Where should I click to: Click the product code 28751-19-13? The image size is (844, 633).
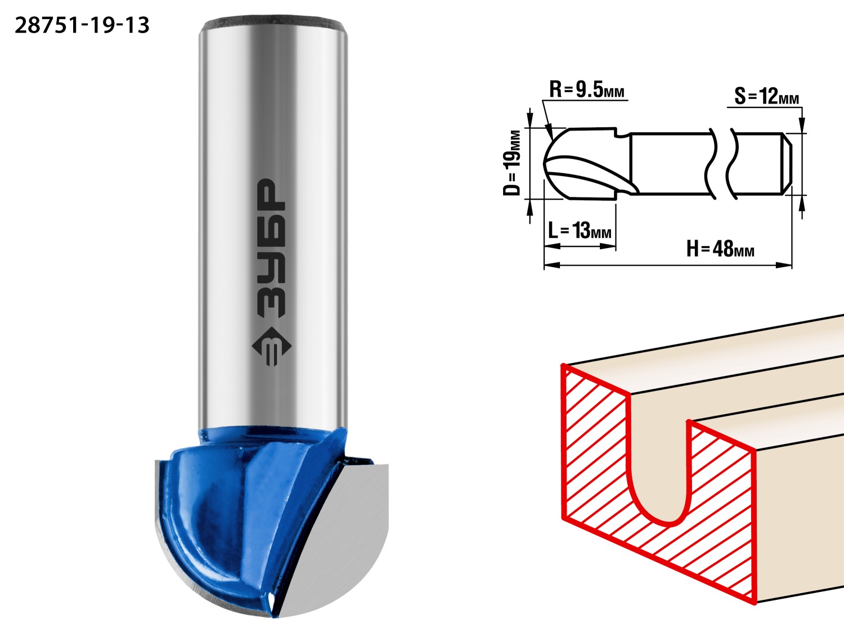82,26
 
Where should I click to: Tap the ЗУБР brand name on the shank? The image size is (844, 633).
271,248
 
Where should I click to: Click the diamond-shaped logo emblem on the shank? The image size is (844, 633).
271,346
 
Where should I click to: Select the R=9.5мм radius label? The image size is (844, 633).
587,90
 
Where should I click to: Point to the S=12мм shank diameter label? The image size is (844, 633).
767,96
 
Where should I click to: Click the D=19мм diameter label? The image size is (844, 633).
512,163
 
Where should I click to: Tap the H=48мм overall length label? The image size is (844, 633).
720,249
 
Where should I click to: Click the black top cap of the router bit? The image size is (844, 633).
273,24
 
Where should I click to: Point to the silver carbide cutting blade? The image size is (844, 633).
338,538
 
